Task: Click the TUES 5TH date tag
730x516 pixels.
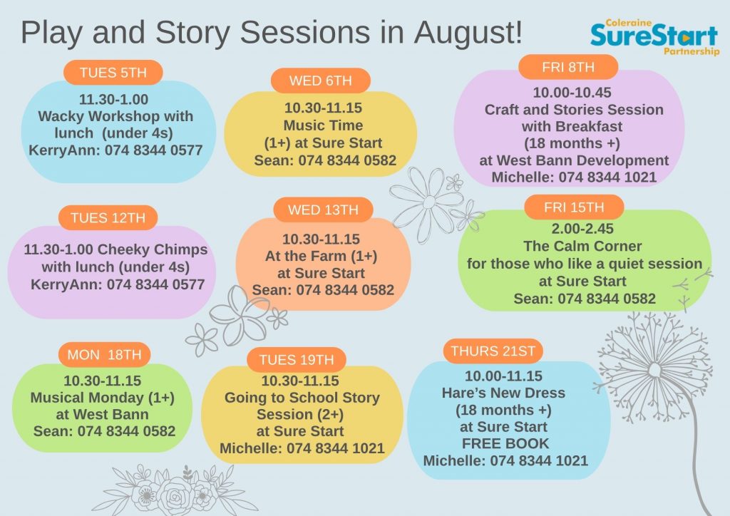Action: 113,73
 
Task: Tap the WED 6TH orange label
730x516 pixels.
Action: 321,81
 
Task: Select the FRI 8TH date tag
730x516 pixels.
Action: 568,67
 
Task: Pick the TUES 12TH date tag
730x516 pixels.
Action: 108,218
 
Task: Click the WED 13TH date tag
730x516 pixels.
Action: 323,210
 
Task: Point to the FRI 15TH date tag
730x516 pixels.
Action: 574,207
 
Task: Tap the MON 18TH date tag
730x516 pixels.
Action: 104,355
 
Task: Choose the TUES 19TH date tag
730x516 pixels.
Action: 297,360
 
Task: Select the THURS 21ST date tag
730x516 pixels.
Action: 493,351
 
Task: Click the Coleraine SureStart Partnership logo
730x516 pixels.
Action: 654,37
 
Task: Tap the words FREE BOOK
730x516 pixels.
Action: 505,443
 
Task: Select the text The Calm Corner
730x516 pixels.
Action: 582,246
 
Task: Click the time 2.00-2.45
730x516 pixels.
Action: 582,229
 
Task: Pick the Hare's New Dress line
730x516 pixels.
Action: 503,393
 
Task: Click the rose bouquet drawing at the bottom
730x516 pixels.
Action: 175,491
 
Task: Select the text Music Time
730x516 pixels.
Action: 323,125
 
